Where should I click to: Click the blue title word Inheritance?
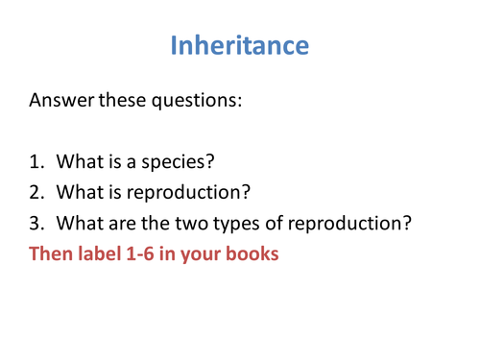[239, 45]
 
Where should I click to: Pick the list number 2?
[36, 191]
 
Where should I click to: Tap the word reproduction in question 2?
[192, 191]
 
